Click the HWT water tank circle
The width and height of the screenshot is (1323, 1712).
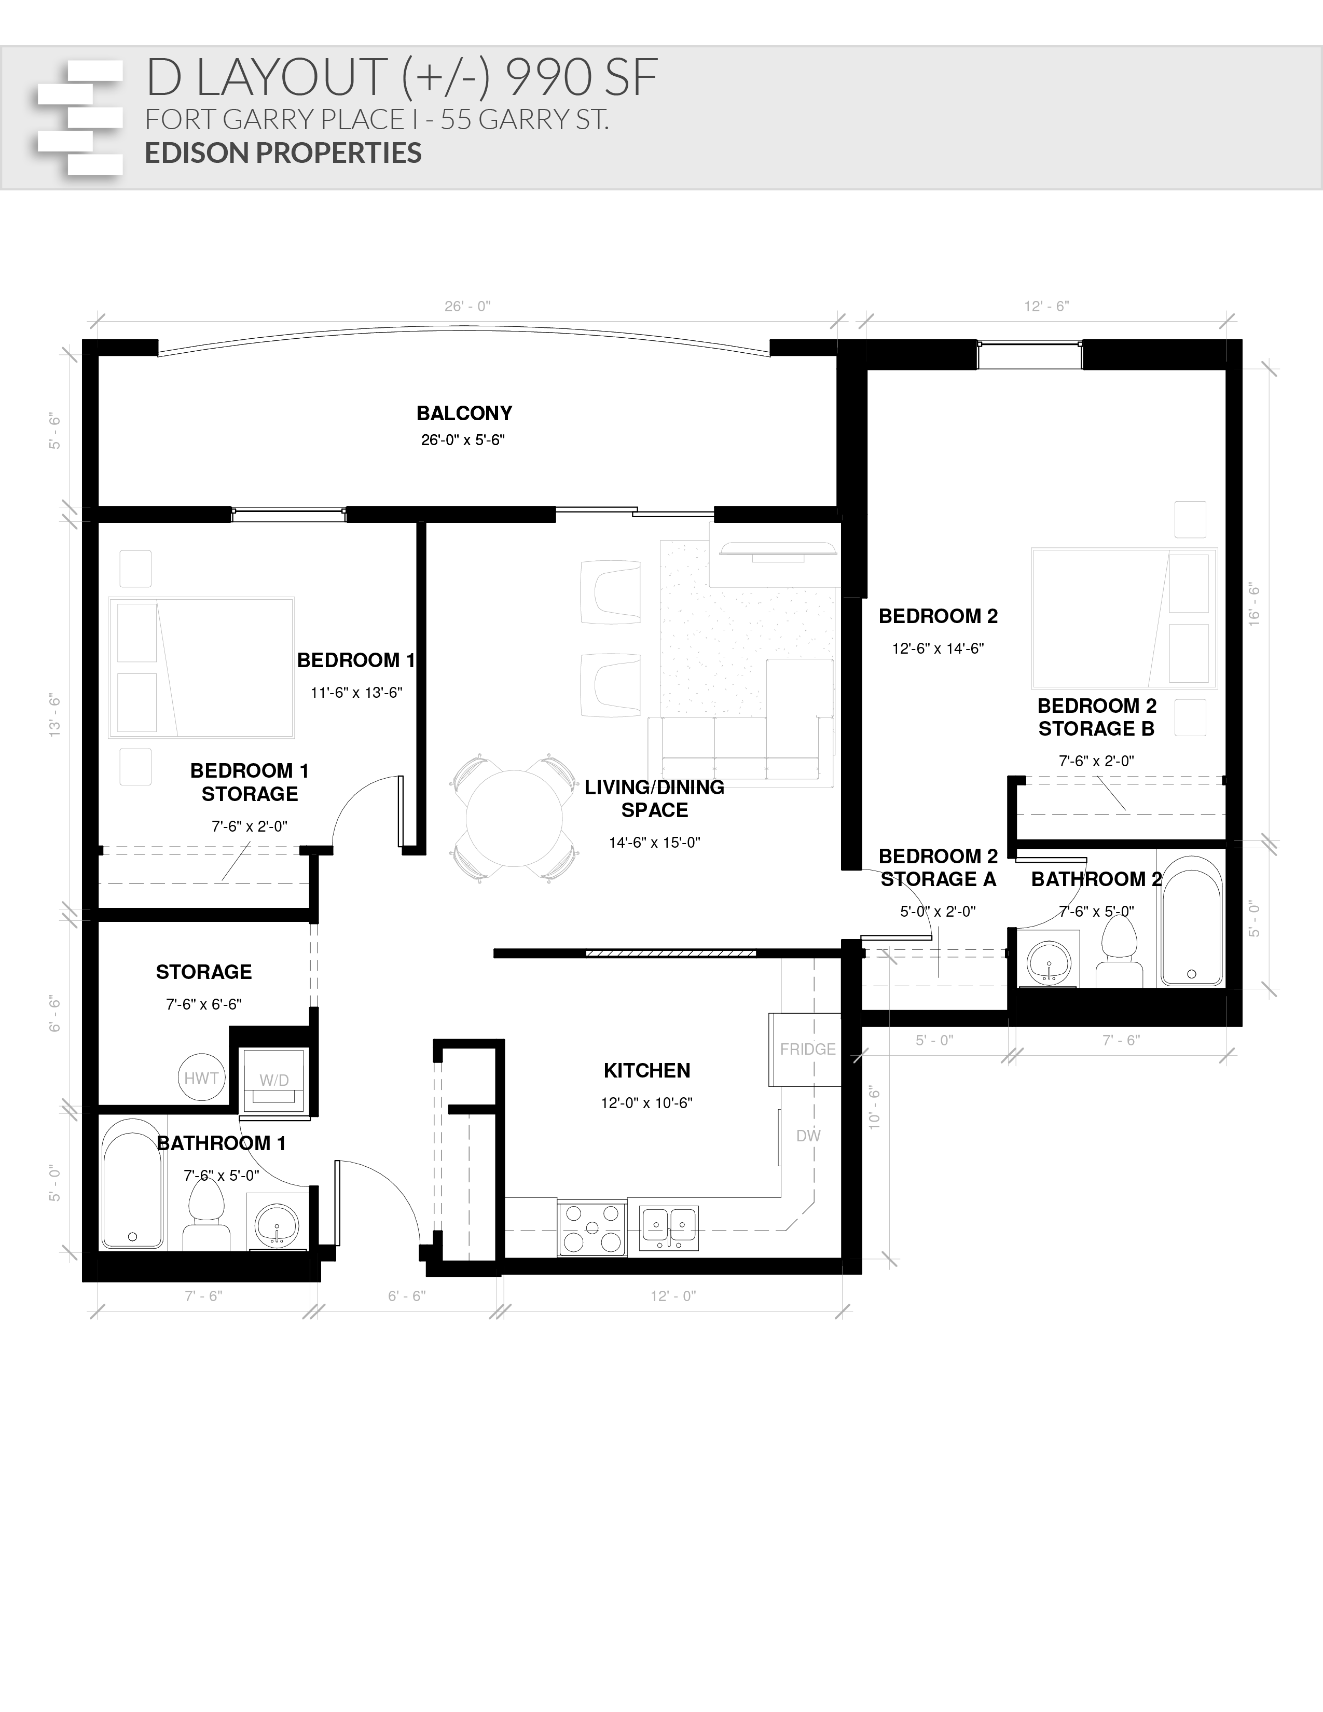tap(201, 1079)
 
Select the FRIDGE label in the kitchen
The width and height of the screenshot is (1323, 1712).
tap(807, 1049)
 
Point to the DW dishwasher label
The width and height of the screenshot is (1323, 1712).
tap(808, 1136)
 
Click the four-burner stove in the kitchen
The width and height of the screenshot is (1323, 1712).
tap(592, 1228)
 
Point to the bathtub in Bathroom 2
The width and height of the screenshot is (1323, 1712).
tap(1191, 921)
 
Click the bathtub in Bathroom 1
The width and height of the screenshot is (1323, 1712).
tap(132, 1184)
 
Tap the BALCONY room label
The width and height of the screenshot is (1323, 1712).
tap(464, 413)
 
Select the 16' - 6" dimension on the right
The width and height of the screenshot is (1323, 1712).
tap(1254, 604)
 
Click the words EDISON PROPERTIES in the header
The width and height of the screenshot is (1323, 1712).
tap(283, 153)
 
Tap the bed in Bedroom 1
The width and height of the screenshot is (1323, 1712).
tap(201, 667)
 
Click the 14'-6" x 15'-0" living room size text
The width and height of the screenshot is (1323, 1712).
tap(654, 843)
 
